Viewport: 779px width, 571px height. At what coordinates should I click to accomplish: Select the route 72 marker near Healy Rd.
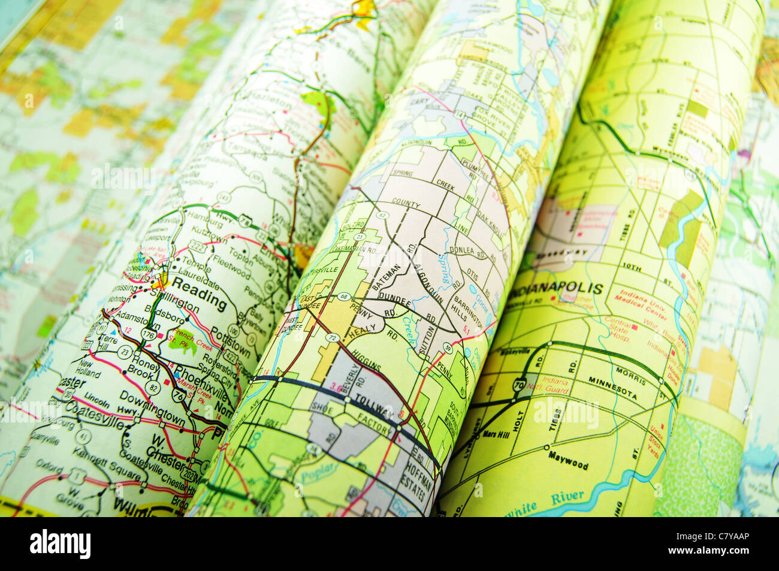point(333,339)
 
